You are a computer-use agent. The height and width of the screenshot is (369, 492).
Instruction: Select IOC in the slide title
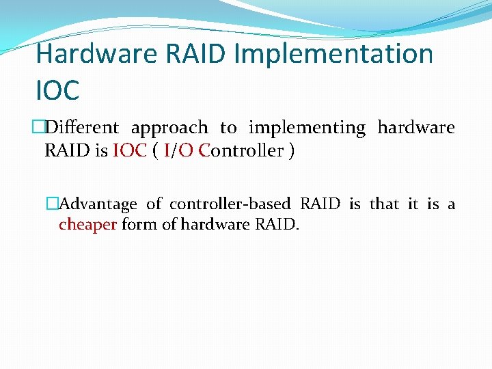tap(58, 89)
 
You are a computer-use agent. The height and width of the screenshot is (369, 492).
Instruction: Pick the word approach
tap(169, 128)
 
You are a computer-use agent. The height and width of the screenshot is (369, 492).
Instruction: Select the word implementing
tap(307, 128)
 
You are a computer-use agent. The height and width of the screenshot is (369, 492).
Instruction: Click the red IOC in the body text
tap(130, 151)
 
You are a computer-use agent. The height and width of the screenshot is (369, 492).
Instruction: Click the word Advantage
tap(98, 204)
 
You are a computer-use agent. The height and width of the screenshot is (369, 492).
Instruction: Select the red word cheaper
tap(87, 225)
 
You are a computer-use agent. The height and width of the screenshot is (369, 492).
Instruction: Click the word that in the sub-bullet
tap(384, 204)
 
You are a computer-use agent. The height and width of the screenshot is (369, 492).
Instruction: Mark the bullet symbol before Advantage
tap(53, 204)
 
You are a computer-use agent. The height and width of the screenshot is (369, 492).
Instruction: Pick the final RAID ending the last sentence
tap(279, 225)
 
